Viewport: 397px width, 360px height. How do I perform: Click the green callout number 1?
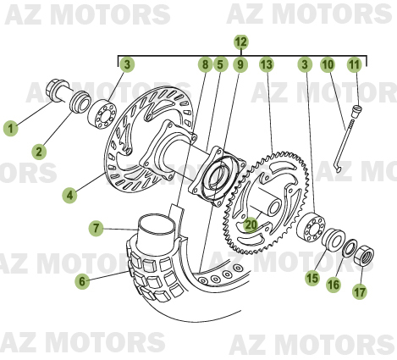pyautogui.click(x=10, y=129)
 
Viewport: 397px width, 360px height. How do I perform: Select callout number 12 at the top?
pyautogui.click(x=240, y=42)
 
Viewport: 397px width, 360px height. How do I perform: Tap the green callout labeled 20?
pyautogui.click(x=251, y=225)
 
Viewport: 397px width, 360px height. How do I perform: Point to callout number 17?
pyautogui.click(x=361, y=292)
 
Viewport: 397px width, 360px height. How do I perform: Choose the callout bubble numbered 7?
pyautogui.click(x=97, y=228)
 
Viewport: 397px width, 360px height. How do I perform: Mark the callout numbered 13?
pyautogui.click(x=266, y=65)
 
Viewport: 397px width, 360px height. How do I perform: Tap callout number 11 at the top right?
pyautogui.click(x=354, y=65)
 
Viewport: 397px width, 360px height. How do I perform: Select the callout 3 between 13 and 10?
pyautogui.click(x=304, y=65)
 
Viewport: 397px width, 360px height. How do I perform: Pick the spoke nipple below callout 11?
pyautogui.click(x=356, y=108)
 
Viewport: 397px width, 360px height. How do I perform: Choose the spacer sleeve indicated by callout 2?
pyautogui.click(x=82, y=102)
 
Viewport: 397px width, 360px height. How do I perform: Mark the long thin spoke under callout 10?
pyautogui.click(x=342, y=144)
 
